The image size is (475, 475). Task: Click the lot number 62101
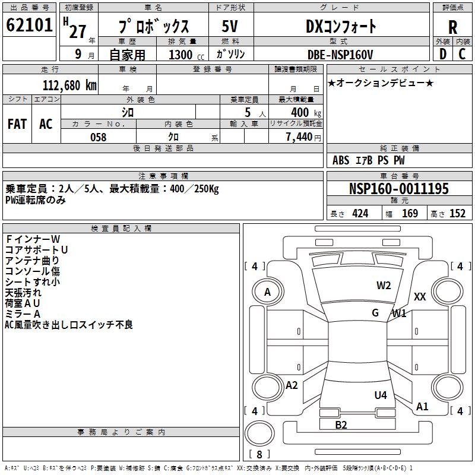point(29,26)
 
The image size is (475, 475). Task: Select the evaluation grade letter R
point(452,27)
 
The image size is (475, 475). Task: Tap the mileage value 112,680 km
point(69,85)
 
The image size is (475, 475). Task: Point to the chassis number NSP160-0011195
point(398,189)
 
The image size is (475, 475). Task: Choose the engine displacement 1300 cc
point(183,55)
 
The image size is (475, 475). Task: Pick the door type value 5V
point(230,27)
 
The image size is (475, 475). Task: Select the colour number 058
point(98,137)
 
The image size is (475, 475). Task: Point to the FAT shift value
point(17,124)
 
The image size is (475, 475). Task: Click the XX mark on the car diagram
point(420,297)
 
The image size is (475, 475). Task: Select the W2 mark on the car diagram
point(384,286)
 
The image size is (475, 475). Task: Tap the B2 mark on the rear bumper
point(341,425)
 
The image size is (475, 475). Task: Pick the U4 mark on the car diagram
point(381,395)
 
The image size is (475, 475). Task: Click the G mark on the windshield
point(375,313)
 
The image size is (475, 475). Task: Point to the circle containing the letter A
point(267,292)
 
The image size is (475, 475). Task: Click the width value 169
point(410,213)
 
